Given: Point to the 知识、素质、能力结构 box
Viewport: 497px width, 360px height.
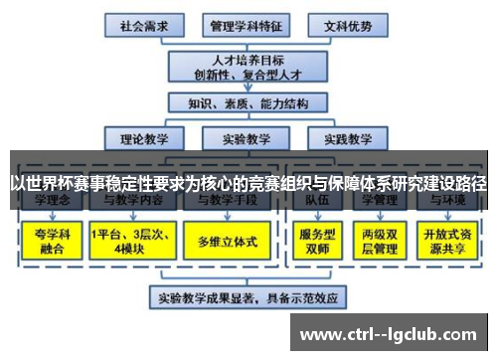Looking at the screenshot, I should pos(247,102).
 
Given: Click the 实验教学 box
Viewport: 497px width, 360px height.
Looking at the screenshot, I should pos(247,138).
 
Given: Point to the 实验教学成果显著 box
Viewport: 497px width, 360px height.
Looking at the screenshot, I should pos(248,295).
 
